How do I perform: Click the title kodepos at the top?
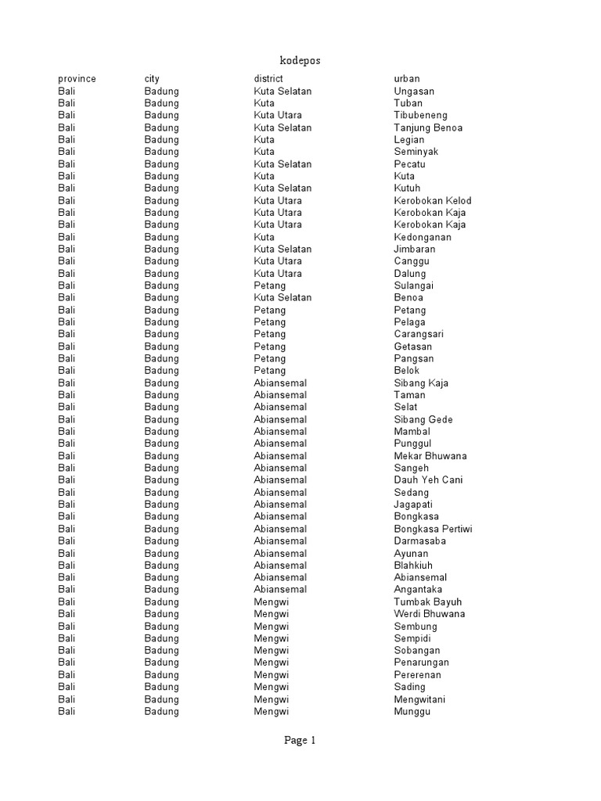click(300, 60)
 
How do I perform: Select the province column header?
click(77, 79)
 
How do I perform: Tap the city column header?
click(152, 79)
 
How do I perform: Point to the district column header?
click(268, 79)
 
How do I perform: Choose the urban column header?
click(407, 79)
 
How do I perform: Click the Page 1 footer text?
click(300, 741)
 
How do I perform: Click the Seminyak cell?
click(416, 152)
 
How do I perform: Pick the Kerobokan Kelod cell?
click(433, 200)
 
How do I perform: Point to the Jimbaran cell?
click(415, 249)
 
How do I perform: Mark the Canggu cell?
click(412, 261)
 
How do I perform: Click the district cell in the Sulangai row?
click(270, 286)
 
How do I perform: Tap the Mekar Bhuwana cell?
click(430, 456)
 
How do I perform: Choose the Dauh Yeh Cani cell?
click(429, 480)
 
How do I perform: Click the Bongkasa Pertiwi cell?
click(433, 529)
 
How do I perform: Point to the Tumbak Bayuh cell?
click(428, 602)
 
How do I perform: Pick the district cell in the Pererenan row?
click(272, 674)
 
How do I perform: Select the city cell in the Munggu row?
click(161, 711)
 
